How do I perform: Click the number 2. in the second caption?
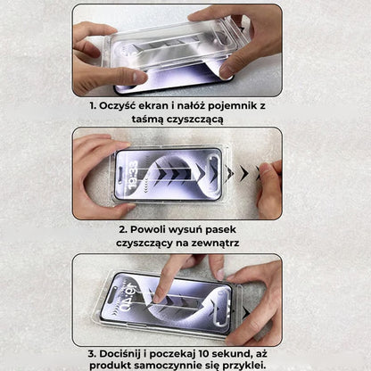point(122,229)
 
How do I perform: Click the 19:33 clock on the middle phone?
point(131,169)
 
